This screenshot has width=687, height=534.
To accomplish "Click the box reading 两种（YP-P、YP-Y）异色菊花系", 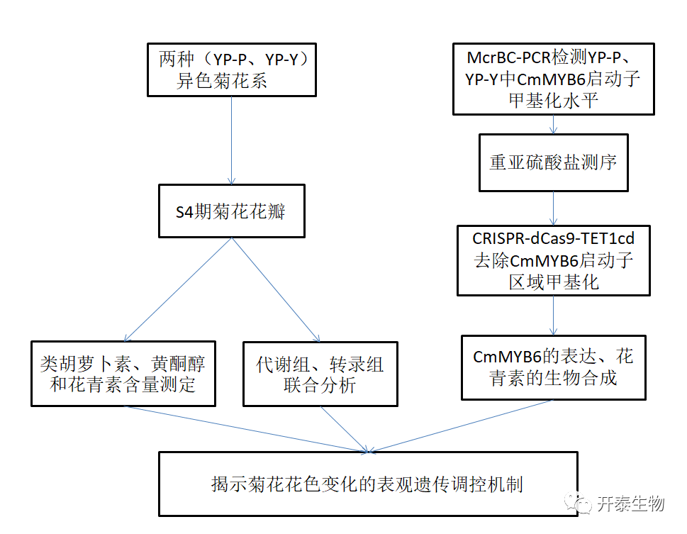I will tap(231, 69).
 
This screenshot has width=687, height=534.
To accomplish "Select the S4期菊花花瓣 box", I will tap(231, 211).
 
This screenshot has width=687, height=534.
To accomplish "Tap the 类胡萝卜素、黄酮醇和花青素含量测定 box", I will tap(123, 374).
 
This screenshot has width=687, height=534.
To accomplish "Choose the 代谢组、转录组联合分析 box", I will tap(320, 374).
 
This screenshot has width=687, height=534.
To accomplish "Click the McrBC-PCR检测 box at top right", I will tap(553, 79).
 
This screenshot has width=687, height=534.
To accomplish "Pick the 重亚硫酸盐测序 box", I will tap(553, 162).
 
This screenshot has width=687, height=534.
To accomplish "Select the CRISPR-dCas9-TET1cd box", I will tap(553, 260).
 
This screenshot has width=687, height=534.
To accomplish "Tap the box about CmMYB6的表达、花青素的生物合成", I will tap(553, 367).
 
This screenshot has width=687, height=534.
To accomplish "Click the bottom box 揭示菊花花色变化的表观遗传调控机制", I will tap(367, 484).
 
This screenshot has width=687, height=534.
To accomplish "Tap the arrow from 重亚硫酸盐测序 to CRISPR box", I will tap(553, 208).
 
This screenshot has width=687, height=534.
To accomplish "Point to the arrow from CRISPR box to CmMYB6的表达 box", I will tap(553, 315).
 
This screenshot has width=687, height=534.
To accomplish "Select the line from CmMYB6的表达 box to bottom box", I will tap(461, 425).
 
